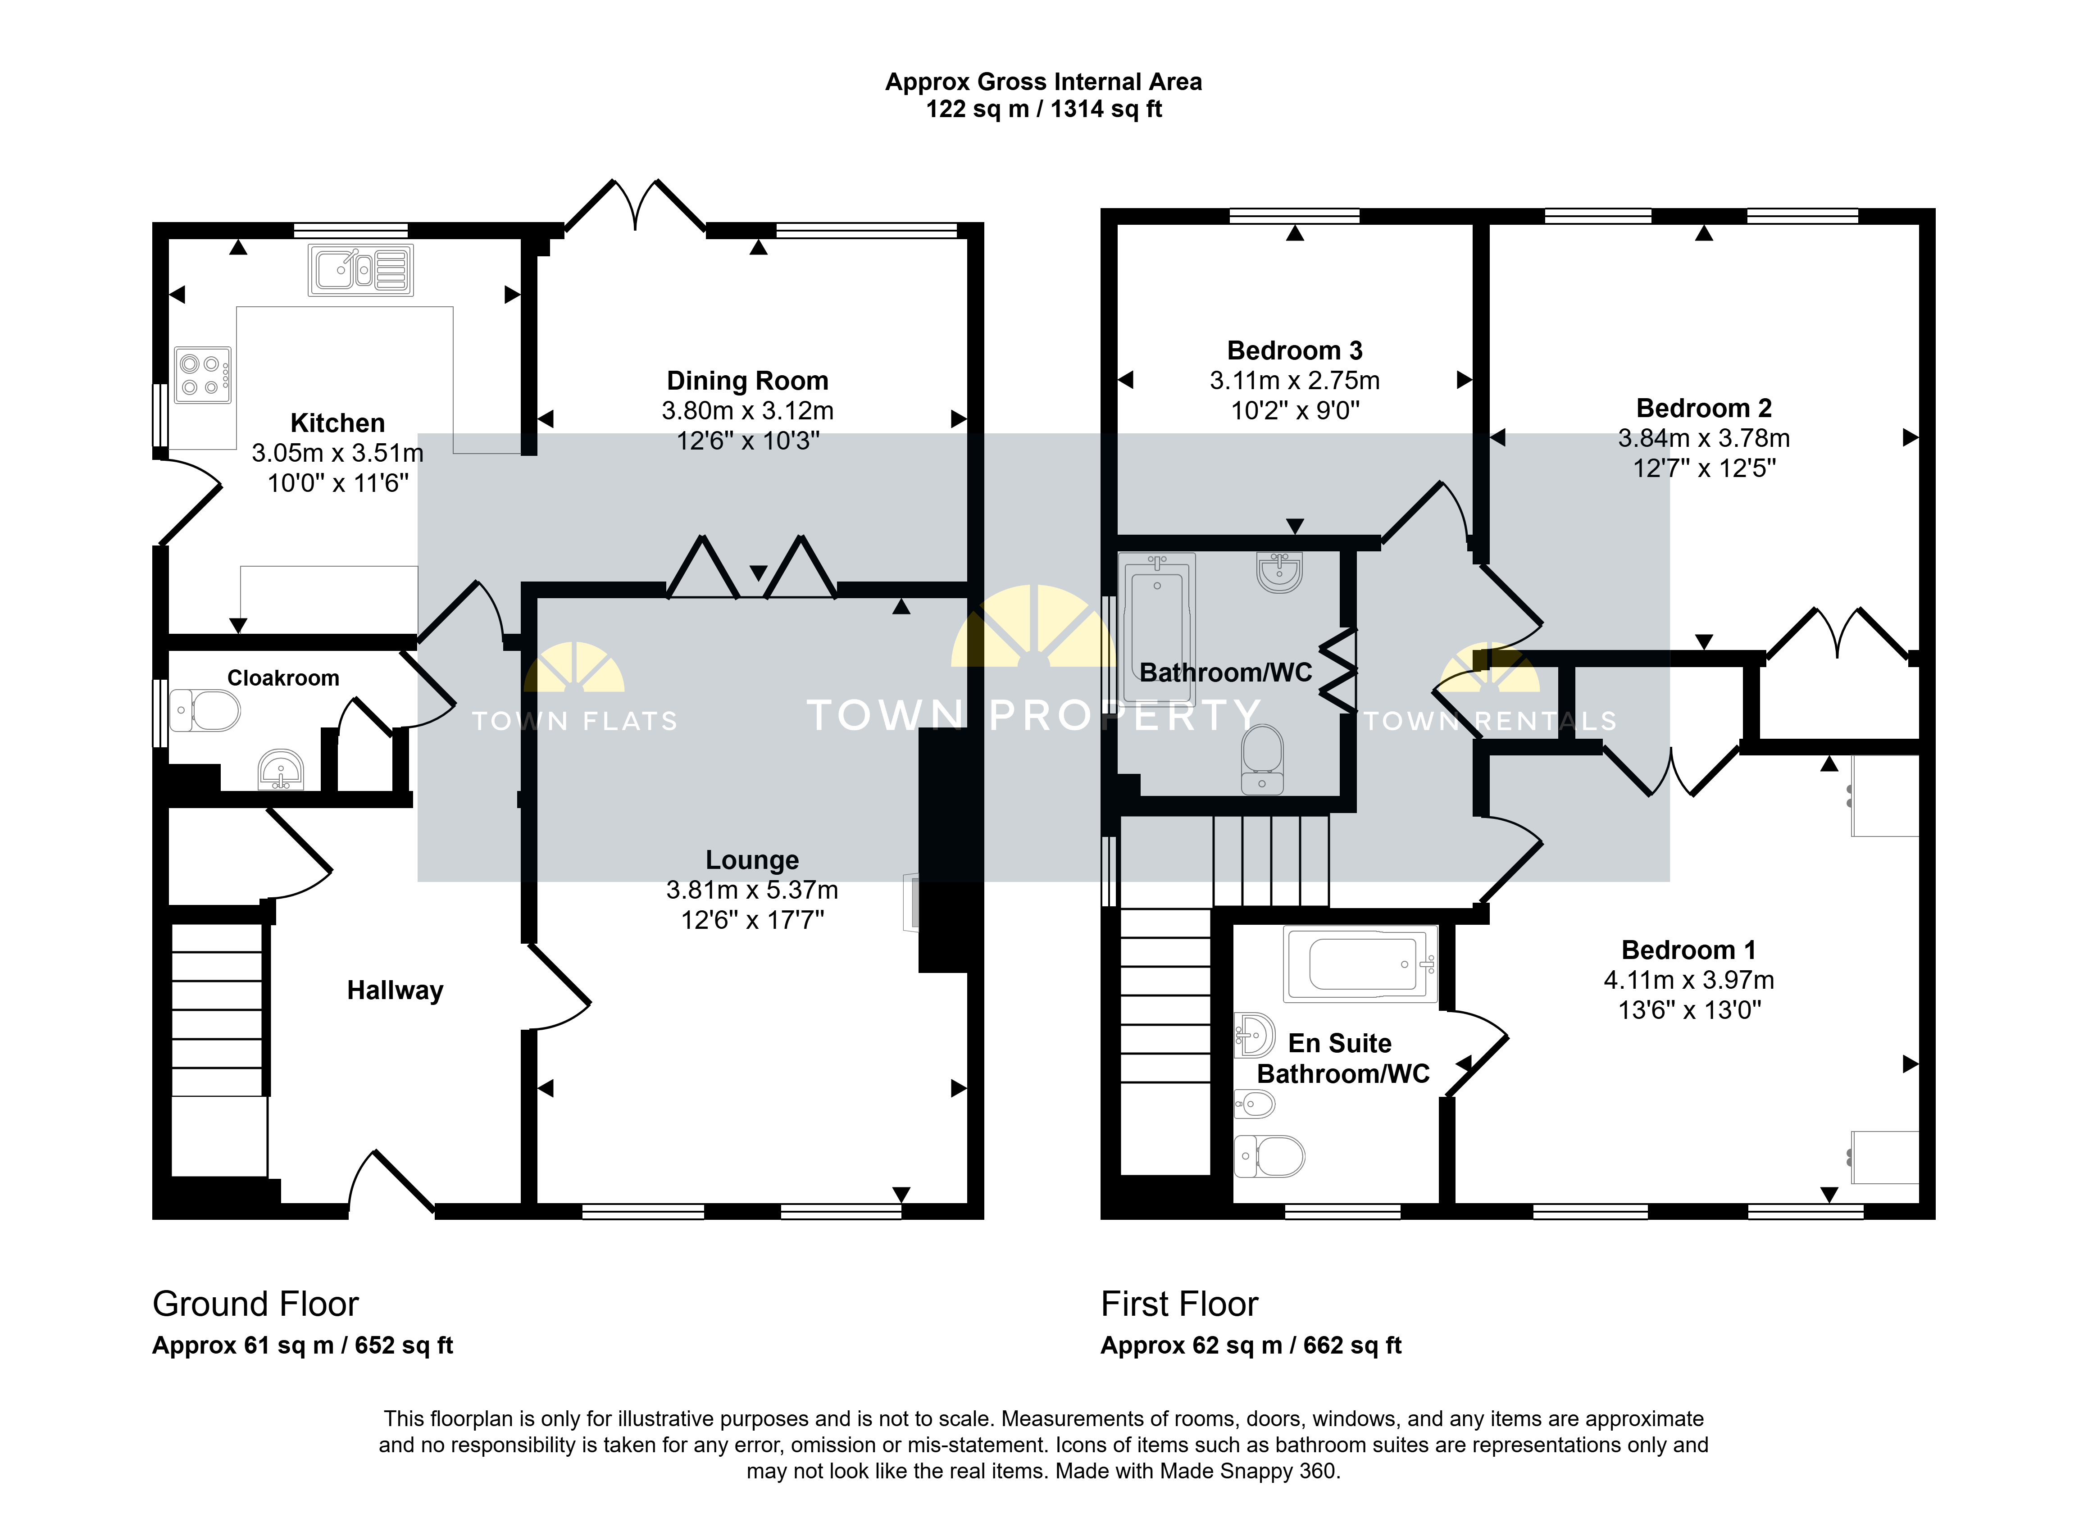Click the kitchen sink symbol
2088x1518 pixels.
361,270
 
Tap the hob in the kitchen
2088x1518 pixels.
203,375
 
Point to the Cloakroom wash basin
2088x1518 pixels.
281,770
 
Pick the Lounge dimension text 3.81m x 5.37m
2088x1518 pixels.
752,890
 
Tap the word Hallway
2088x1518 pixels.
395,991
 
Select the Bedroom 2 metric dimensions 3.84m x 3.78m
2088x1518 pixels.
1704,438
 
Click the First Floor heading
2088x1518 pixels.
1179,1304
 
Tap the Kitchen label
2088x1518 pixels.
338,423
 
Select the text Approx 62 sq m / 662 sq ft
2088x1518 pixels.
1251,1346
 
